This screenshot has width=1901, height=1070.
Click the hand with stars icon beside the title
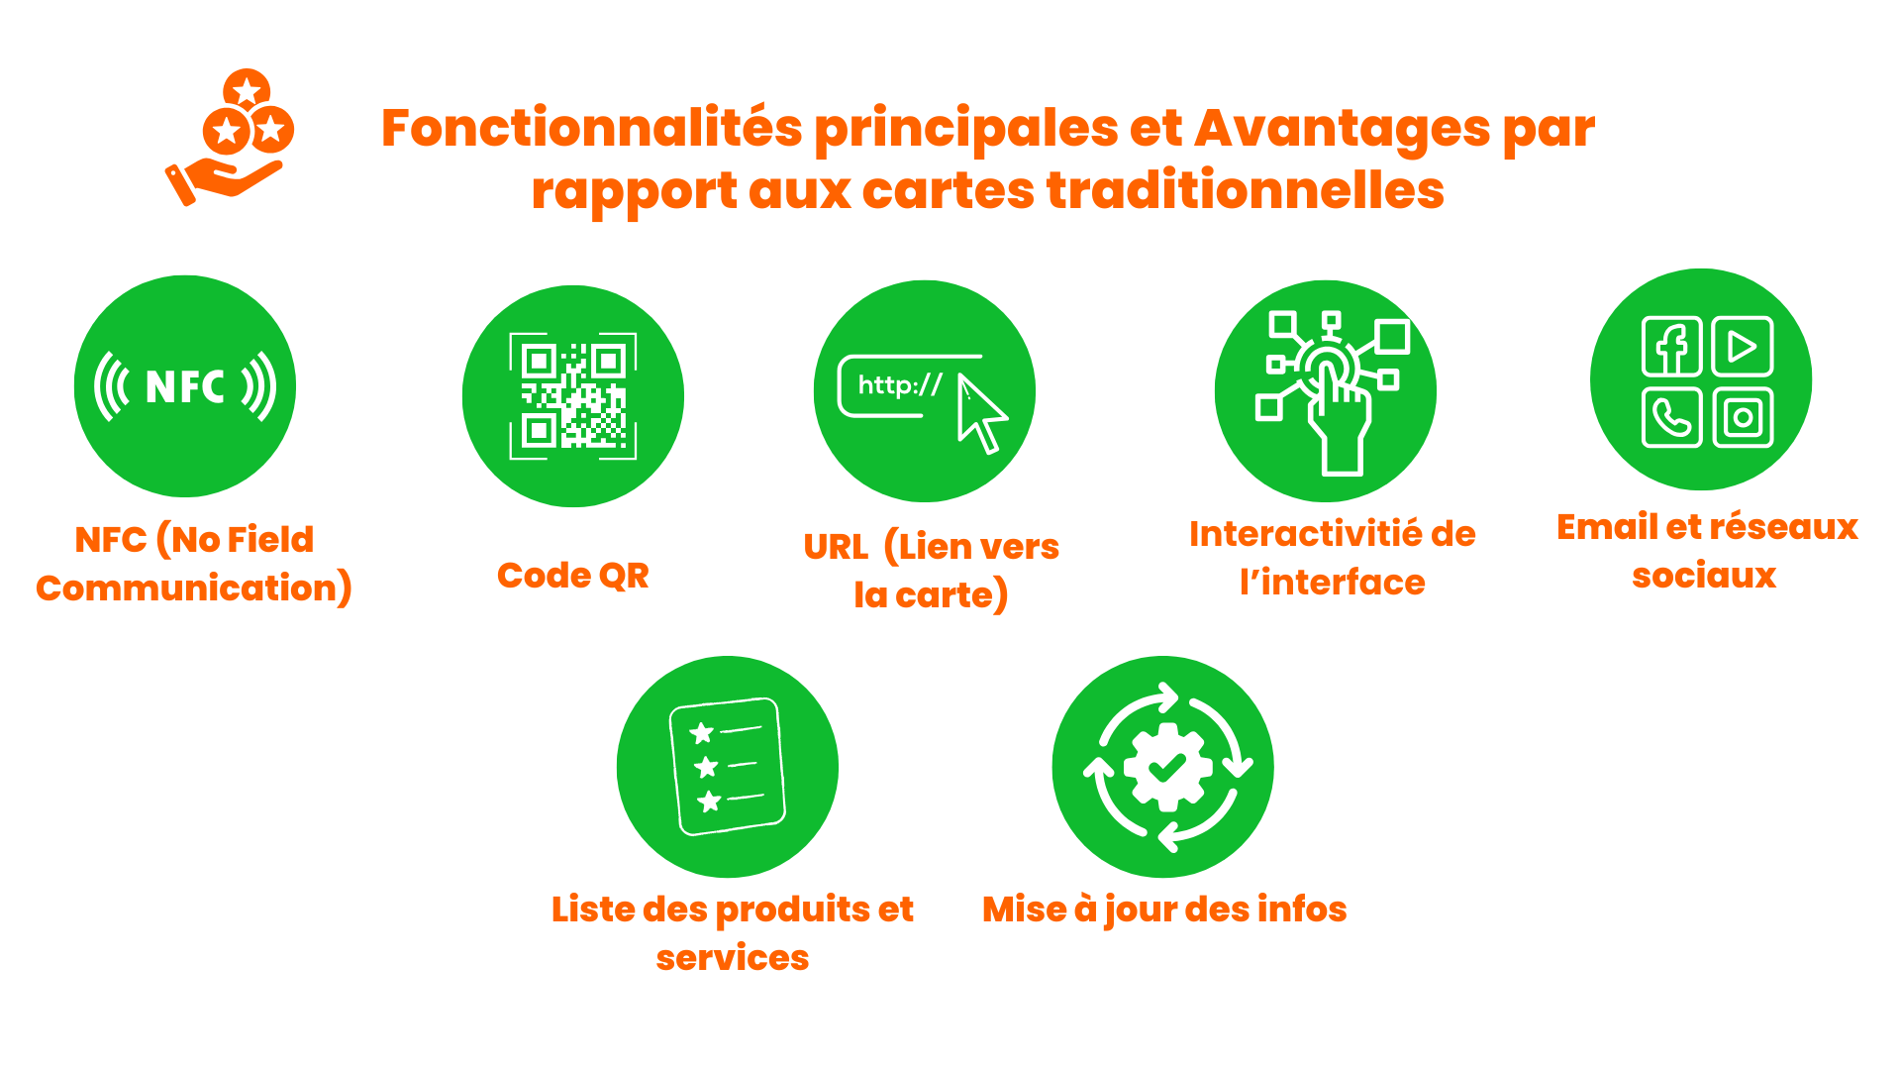230,138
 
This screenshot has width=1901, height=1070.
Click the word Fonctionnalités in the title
591,128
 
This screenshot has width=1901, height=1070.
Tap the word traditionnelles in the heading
1246,189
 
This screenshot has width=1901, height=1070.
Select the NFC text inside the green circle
185,386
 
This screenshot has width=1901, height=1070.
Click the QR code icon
573,396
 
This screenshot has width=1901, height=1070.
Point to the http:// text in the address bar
900,384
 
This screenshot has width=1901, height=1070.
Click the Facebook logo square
1672,347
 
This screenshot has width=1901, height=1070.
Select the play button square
1743,347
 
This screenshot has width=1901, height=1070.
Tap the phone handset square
1672,417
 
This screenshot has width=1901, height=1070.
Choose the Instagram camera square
1743,417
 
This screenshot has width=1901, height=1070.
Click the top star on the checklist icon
702,733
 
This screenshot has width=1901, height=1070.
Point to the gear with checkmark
1167,767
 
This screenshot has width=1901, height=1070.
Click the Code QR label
573,575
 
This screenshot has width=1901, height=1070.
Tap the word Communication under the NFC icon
187,588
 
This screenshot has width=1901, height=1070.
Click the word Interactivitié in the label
1304,534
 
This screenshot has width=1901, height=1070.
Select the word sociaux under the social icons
1704,576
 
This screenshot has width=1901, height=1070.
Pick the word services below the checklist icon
733,958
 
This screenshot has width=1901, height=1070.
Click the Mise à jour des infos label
1164,909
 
